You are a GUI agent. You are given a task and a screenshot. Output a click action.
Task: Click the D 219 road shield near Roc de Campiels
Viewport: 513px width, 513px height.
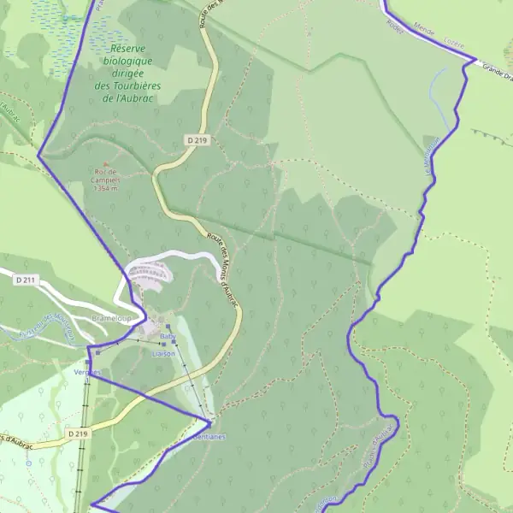pos(197,139)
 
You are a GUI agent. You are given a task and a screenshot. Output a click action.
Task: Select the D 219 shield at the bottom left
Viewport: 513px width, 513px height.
pos(77,434)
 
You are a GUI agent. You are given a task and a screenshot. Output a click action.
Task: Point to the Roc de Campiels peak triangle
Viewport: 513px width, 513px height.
pos(107,165)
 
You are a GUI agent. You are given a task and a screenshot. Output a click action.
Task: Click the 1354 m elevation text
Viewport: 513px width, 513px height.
pos(108,189)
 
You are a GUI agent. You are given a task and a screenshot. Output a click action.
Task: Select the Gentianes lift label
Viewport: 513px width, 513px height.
pos(209,437)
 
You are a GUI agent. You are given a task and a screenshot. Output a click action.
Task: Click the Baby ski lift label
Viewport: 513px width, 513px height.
pos(167,338)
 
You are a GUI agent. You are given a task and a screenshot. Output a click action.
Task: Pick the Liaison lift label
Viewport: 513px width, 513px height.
pos(163,353)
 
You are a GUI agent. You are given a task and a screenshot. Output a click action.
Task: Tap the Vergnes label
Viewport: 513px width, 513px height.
pos(87,373)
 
